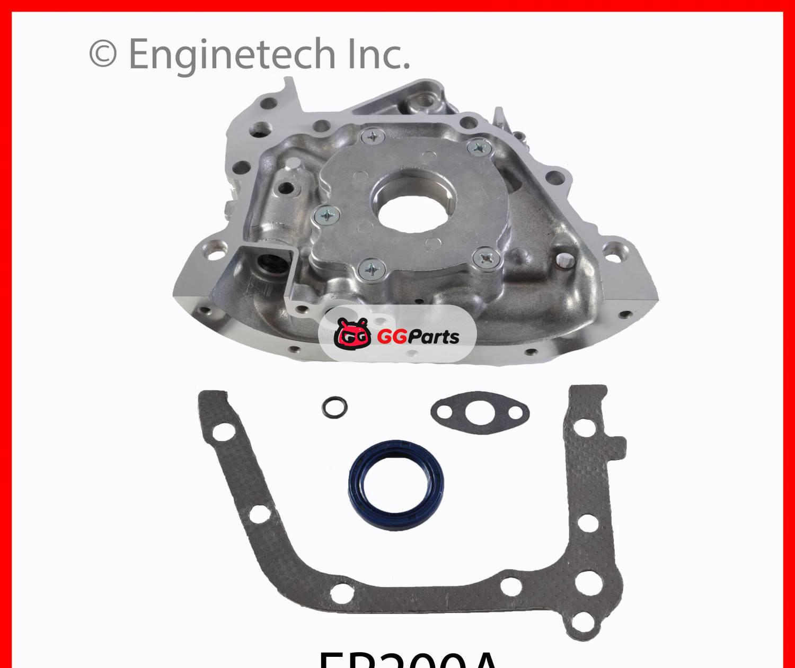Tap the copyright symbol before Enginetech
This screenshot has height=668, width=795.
(103, 54)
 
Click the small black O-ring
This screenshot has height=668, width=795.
(334, 407)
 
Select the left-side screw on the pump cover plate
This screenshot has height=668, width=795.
(328, 215)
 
